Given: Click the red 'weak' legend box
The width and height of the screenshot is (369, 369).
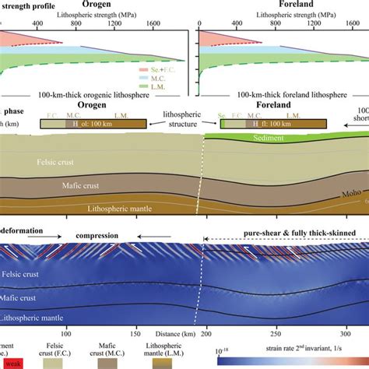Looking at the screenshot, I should pyautogui.click(x=12, y=364).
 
